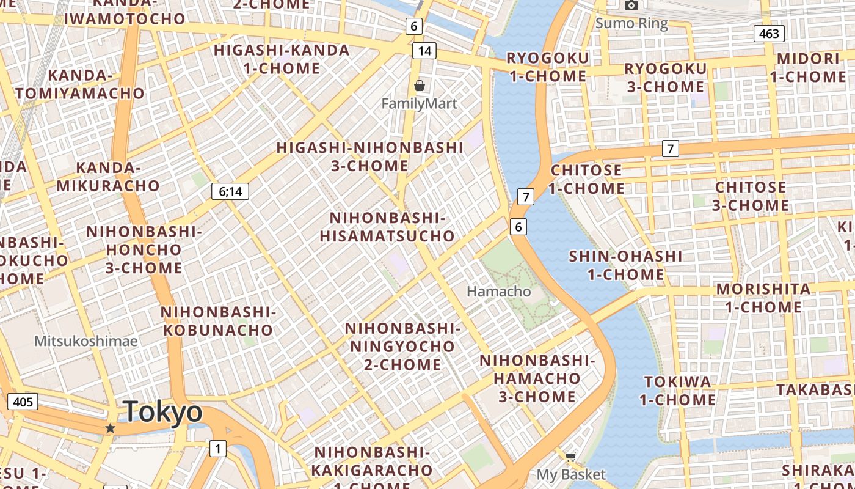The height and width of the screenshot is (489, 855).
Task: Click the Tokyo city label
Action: [x=162, y=413]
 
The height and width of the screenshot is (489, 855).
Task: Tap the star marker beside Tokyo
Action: [x=110, y=428]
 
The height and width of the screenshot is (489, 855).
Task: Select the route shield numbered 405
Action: [x=23, y=402]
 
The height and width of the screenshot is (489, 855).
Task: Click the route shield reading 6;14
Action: [x=230, y=191]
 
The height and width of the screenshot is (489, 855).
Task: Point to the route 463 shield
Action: [x=769, y=33]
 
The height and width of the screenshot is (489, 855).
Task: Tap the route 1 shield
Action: [x=217, y=449]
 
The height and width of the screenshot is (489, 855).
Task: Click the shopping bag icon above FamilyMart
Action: [x=419, y=86]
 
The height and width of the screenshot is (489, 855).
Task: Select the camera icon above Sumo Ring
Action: [x=631, y=6]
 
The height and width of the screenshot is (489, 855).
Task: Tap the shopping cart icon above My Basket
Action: [x=570, y=457]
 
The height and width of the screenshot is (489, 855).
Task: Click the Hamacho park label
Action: [x=498, y=292]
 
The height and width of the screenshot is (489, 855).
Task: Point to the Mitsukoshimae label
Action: [x=85, y=340]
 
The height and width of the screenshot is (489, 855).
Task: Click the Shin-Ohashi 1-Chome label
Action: [x=625, y=265]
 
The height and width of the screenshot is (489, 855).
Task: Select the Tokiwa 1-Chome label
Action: [x=677, y=391]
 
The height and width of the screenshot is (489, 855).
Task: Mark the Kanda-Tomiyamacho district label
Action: [x=80, y=84]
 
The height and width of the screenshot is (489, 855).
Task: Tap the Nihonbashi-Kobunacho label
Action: [x=218, y=321]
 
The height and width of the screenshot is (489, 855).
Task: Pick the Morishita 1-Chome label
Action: [x=763, y=297]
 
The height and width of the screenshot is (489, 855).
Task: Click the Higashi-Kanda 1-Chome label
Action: [x=282, y=59]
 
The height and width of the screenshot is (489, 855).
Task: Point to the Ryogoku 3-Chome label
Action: [x=665, y=77]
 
